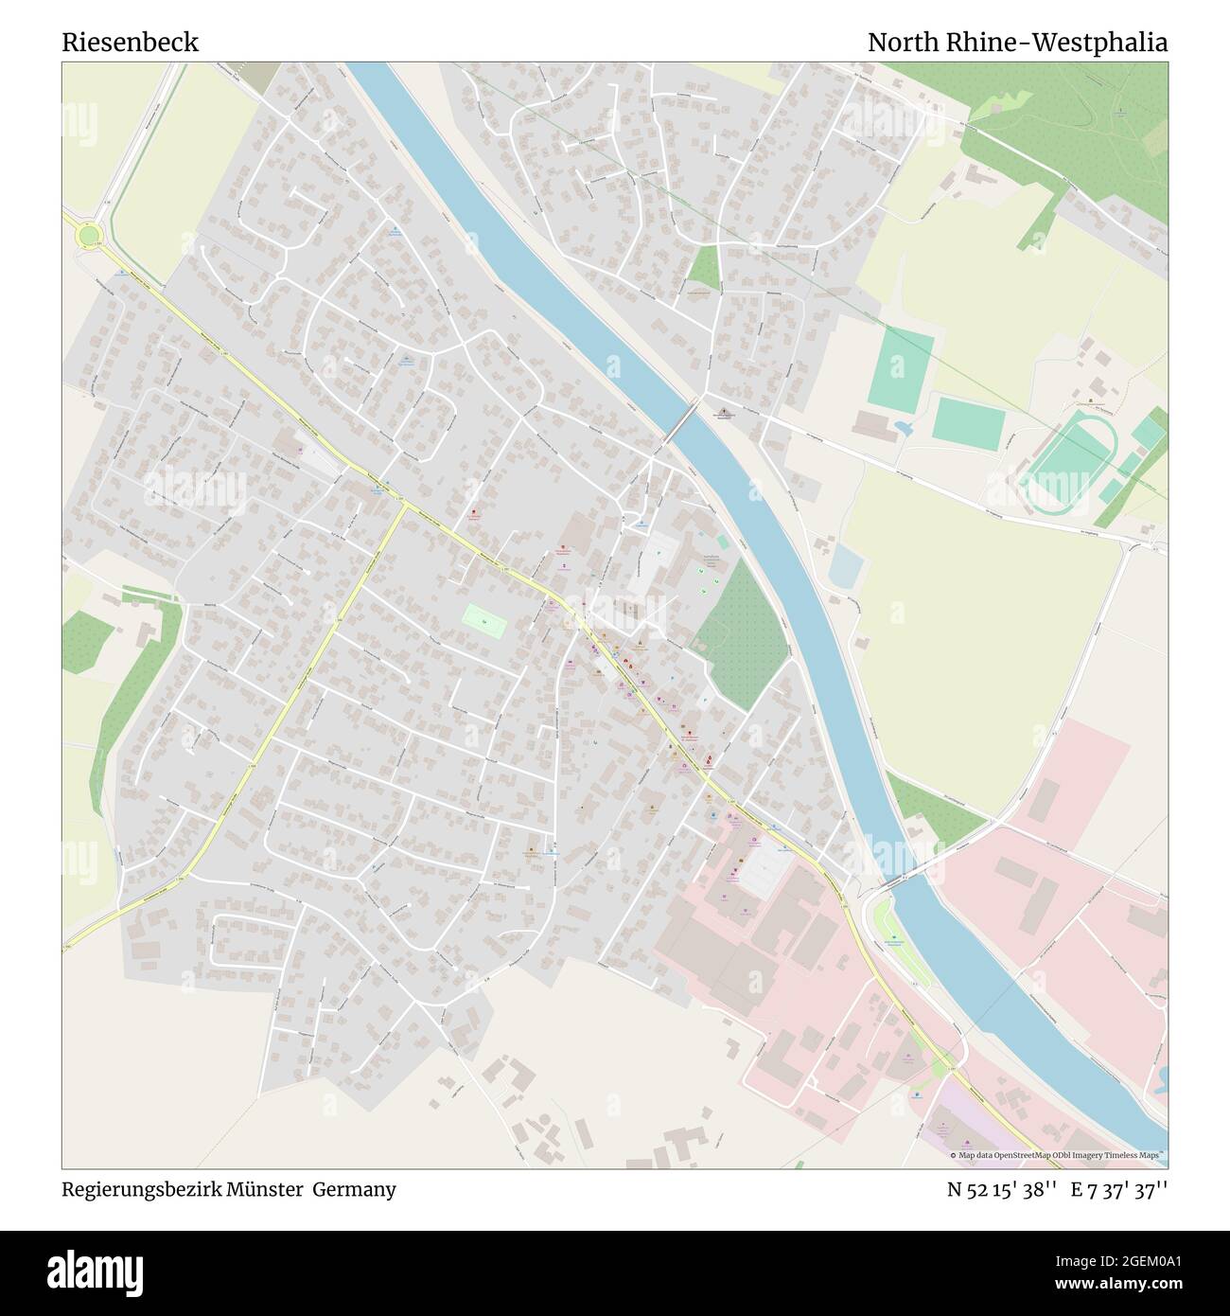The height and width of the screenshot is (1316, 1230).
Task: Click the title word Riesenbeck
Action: (x=131, y=43)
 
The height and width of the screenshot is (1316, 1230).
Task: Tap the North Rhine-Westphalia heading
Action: (x=1017, y=43)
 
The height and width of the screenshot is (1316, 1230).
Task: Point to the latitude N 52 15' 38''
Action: (x=1002, y=1189)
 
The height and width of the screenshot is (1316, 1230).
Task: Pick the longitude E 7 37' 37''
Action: (x=1119, y=1189)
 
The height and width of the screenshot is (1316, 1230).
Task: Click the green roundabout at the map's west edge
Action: (x=89, y=235)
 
